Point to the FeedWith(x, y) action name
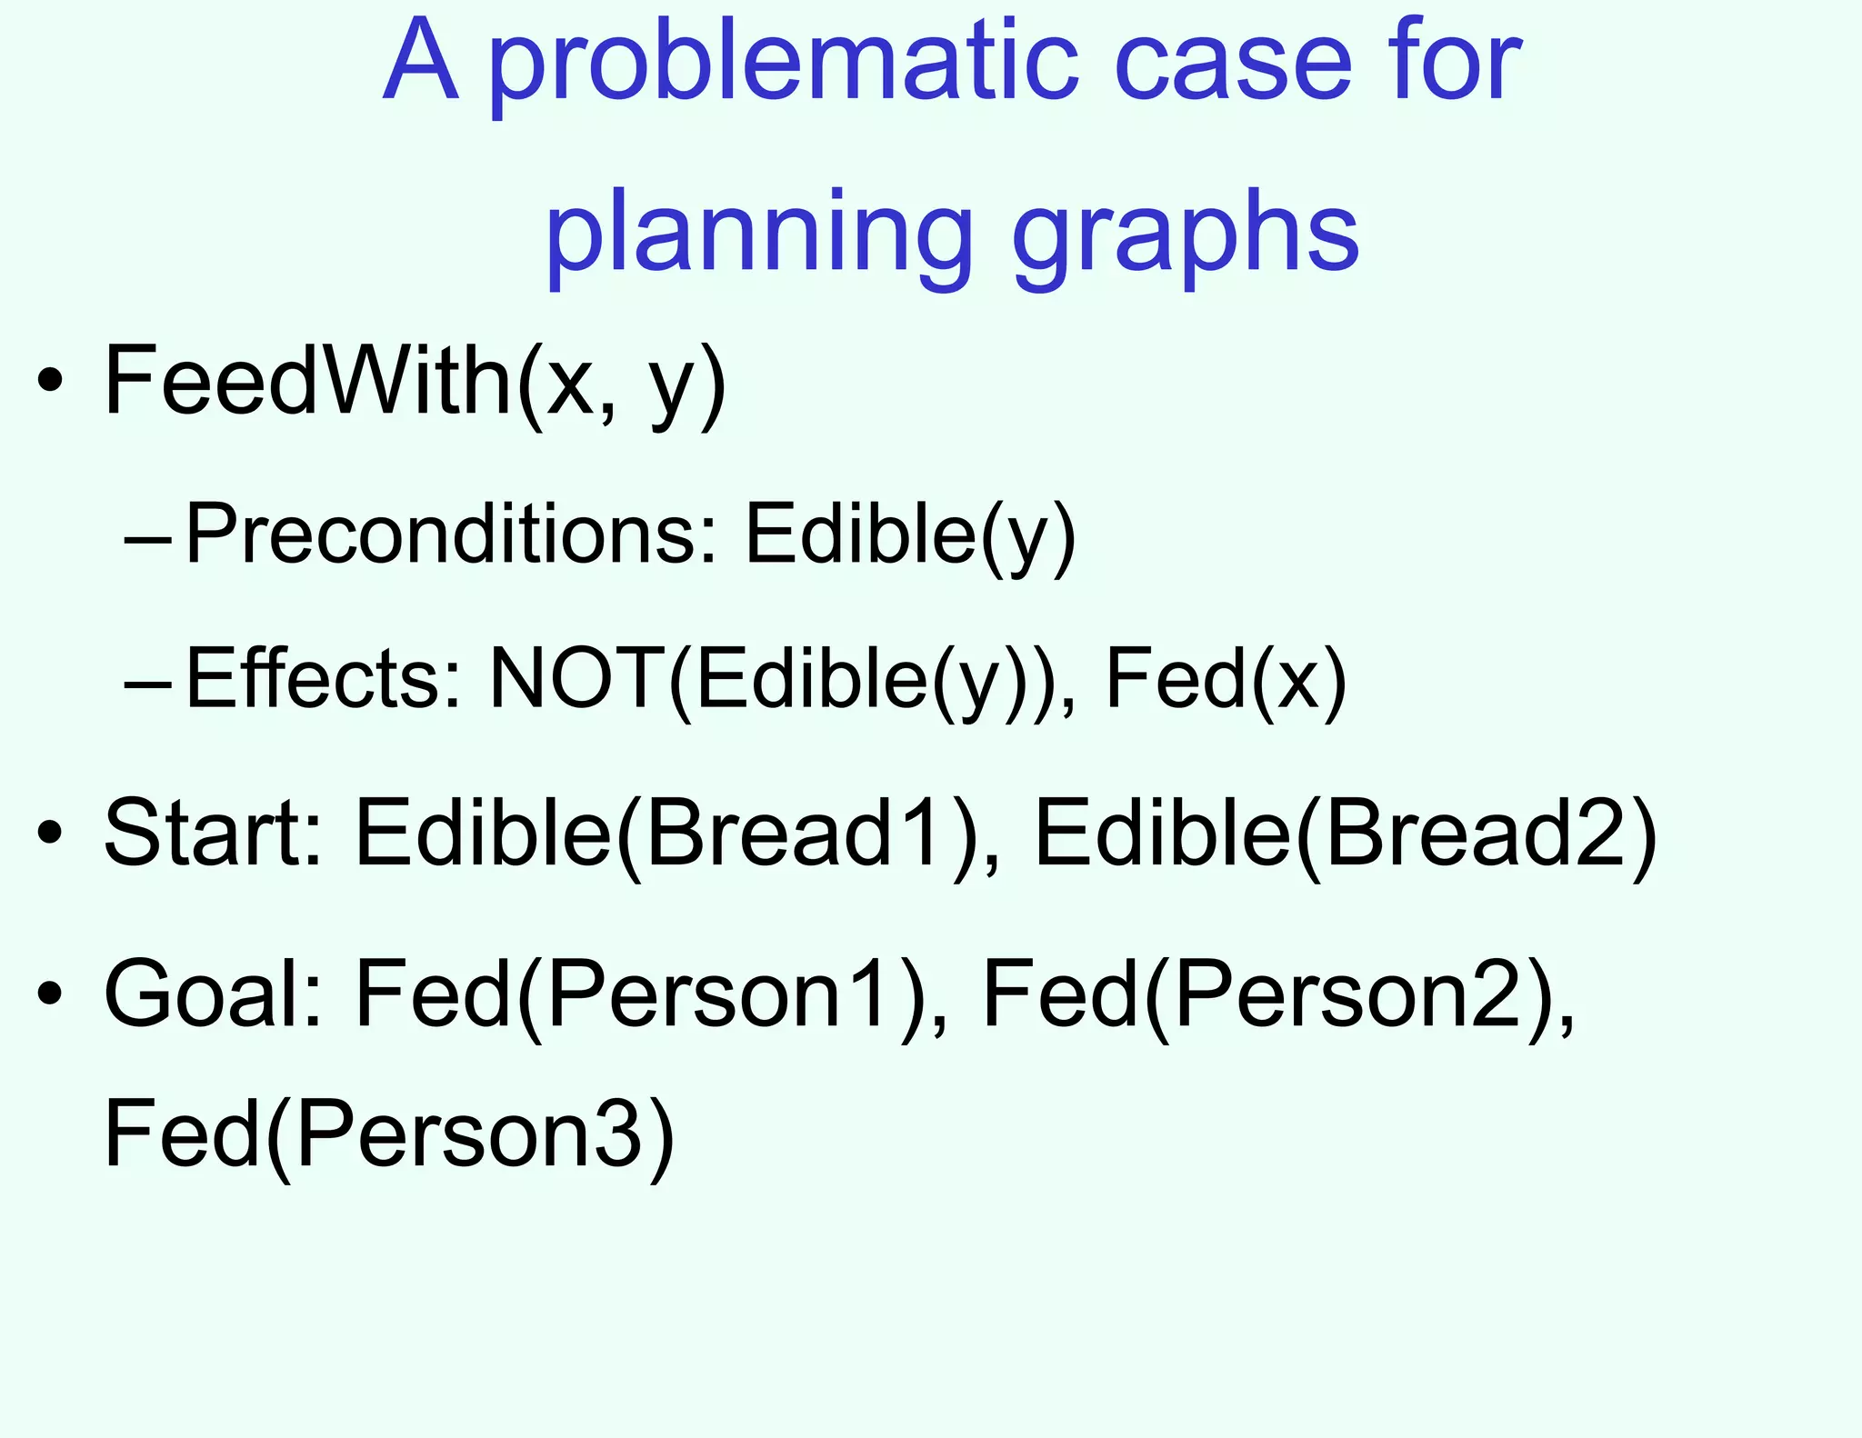415,382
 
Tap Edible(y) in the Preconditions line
910,535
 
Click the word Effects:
323,679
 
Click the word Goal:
215,994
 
